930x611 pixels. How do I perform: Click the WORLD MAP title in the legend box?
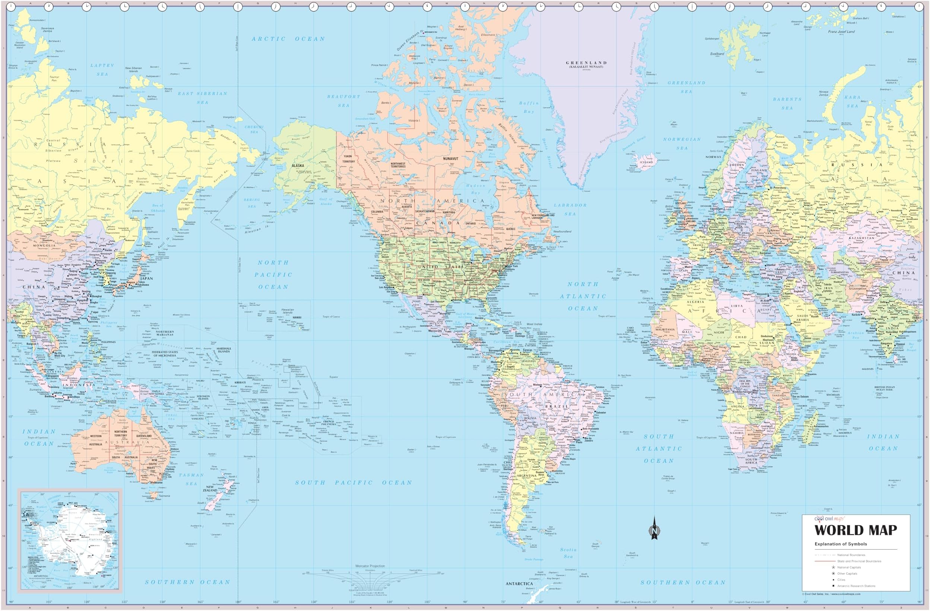[856, 530]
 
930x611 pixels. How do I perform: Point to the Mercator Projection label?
[370, 566]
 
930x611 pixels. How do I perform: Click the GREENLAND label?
[586, 63]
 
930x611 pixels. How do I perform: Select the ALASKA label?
[298, 166]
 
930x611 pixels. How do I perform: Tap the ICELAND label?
[646, 162]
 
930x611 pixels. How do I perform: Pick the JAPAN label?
[146, 279]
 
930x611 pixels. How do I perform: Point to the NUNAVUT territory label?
[450, 159]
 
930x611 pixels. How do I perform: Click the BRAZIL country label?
[556, 406]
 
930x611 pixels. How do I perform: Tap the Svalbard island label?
[717, 54]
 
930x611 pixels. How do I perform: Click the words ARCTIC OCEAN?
[288, 39]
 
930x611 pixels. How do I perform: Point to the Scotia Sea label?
[568, 553]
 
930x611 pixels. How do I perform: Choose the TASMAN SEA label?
[191, 479]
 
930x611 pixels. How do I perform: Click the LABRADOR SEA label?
[570, 209]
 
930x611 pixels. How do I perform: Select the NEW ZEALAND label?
[210, 489]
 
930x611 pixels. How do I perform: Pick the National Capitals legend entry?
[849, 567]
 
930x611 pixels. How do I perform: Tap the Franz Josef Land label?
[841, 32]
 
